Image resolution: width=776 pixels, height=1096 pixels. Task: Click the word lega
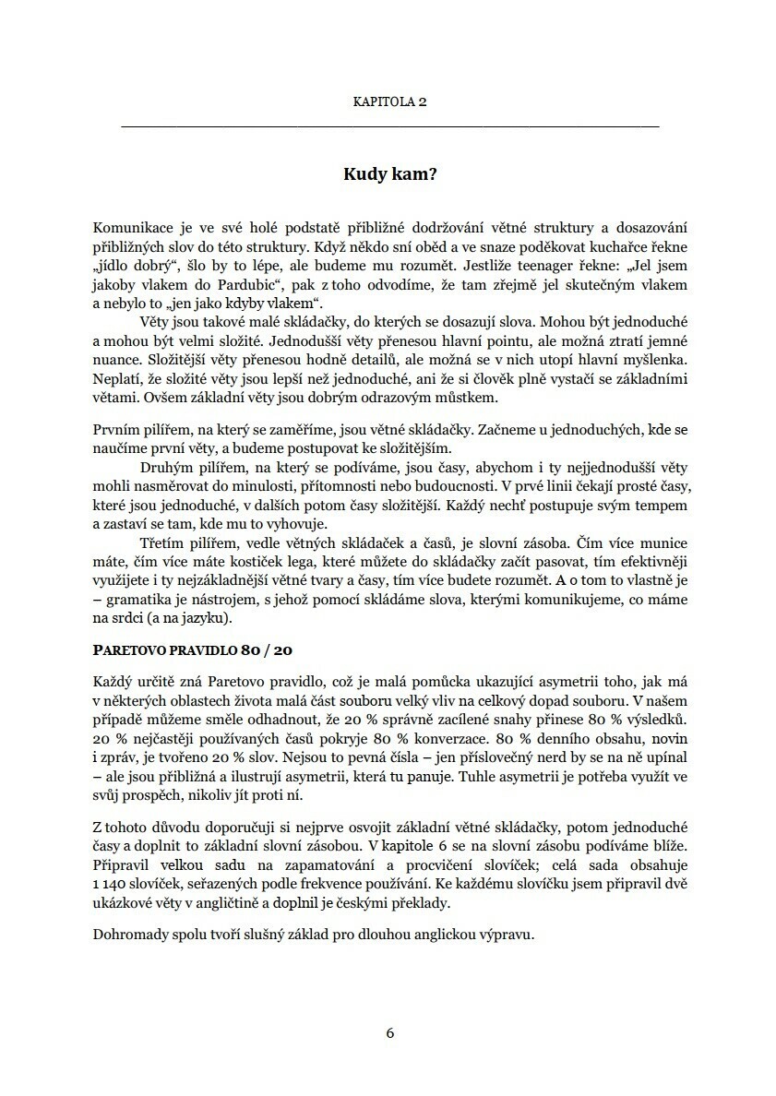(286, 560)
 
